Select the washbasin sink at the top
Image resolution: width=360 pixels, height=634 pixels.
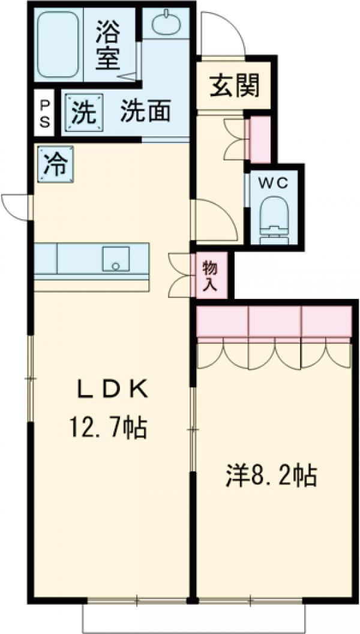coord(166,25)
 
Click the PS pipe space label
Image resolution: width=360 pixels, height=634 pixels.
coord(45,113)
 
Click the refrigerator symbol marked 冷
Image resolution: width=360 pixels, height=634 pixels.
coord(55,163)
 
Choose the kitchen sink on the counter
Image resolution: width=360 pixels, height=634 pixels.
coord(116,258)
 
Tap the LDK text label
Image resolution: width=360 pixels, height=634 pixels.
coord(111,390)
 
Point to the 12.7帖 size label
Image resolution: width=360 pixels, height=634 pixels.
coord(108,427)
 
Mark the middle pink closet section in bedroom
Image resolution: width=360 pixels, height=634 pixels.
coord(274,322)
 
